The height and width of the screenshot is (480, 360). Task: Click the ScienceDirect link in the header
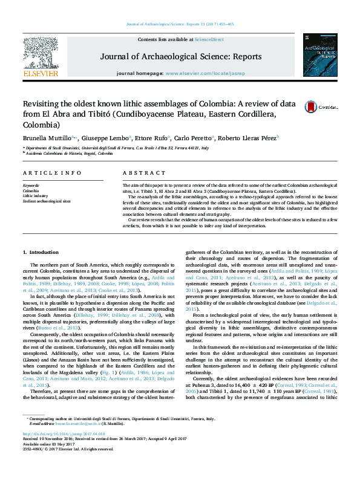(x=209, y=39)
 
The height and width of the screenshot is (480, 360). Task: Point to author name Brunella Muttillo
(x=48, y=138)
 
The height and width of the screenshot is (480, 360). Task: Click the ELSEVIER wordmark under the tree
(x=40, y=74)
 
